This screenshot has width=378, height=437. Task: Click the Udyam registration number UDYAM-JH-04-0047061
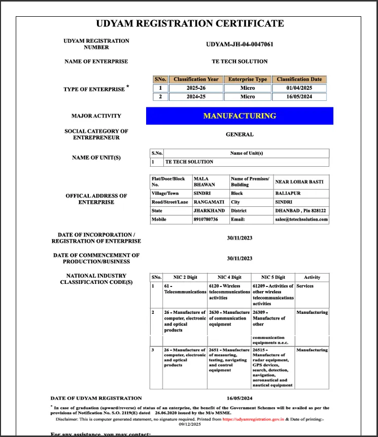pos(239,44)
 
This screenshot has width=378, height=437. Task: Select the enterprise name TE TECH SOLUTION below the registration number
pos(239,61)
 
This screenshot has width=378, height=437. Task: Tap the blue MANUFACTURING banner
pos(239,116)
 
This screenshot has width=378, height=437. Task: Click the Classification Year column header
pos(196,79)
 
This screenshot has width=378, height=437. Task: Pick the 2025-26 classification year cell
pos(196,88)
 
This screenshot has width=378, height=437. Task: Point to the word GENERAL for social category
pos(239,134)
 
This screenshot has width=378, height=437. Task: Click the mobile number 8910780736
pos(205,220)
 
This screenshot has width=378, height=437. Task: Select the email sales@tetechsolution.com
pos(301,220)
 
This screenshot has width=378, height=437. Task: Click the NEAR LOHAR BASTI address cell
pos(299,181)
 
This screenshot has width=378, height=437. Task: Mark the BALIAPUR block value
pos(287,193)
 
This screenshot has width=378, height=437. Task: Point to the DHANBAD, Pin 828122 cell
pos(300,210)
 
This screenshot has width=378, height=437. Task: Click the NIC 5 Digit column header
pos(273,277)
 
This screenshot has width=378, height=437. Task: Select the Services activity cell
pos(305,286)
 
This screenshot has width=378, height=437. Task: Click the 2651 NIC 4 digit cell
pos(229,360)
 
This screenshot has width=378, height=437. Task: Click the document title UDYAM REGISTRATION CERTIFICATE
pos(190,23)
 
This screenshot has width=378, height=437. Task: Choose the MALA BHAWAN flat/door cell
pos(204,181)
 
